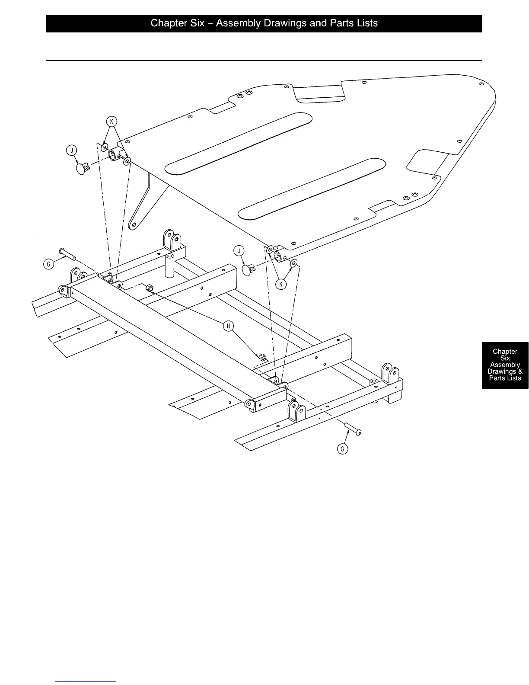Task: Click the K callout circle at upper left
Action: [x=112, y=122]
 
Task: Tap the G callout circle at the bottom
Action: [x=342, y=449]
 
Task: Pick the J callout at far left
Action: [x=71, y=150]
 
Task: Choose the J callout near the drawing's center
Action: [x=238, y=250]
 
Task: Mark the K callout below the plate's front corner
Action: [x=281, y=284]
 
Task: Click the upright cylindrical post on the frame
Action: [x=169, y=265]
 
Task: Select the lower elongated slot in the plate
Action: [x=311, y=187]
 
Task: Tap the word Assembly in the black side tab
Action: [x=505, y=365]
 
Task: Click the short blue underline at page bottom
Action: [x=86, y=681]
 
